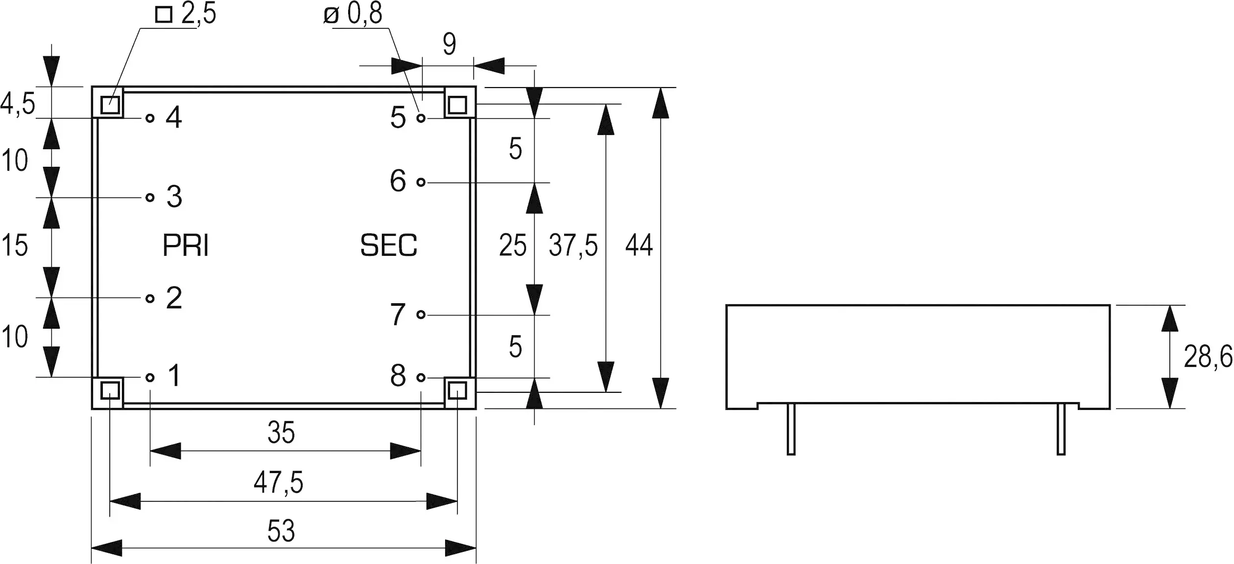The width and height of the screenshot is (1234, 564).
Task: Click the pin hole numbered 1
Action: pos(150,377)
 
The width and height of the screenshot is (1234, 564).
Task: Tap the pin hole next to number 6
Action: pos(421,182)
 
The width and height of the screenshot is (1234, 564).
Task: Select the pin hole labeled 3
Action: pos(150,197)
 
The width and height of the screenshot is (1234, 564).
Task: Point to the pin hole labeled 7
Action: pos(421,315)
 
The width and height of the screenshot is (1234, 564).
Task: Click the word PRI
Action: pos(186,246)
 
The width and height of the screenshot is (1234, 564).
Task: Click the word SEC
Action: pos(389,246)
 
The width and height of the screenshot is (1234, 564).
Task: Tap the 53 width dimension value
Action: pos(281,531)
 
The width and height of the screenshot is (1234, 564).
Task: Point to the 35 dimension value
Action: pos(281,433)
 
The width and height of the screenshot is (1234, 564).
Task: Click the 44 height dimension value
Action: pos(639,245)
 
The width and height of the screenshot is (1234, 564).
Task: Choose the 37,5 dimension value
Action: pos(573,246)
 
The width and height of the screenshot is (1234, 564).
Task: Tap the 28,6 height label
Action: pos(1208,357)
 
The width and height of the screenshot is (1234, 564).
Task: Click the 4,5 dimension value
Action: pos(18,104)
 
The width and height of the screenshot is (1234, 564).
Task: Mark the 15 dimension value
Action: pos(15,246)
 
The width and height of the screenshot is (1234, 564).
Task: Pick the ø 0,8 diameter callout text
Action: pos(353,14)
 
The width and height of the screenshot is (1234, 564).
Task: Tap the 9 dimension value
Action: pos(450,44)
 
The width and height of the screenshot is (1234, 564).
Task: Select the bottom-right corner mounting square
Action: pos(457,391)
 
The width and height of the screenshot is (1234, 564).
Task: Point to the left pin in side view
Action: pos(791,429)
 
